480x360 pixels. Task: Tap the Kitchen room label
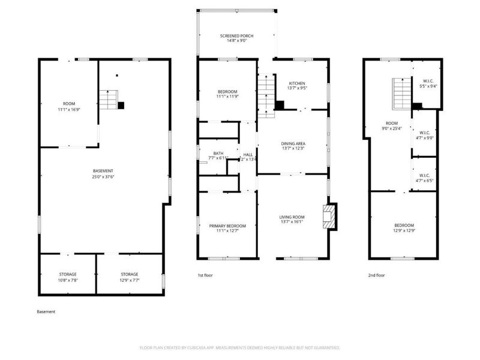point(297,86)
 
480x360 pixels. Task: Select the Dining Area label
point(293,146)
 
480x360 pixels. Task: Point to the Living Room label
point(292,220)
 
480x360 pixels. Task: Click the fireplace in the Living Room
point(329,217)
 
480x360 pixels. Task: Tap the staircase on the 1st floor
point(265,96)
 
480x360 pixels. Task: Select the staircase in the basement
point(109,99)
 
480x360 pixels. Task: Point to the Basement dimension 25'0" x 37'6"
point(103,177)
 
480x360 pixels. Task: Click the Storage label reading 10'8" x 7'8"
point(67,277)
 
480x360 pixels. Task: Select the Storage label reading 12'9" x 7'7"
point(129,277)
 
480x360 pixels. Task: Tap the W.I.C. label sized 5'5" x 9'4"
point(428,84)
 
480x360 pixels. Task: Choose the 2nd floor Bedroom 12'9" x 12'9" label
point(404,228)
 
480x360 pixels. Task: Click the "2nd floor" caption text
point(376,275)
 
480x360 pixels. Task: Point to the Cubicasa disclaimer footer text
point(240,347)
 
